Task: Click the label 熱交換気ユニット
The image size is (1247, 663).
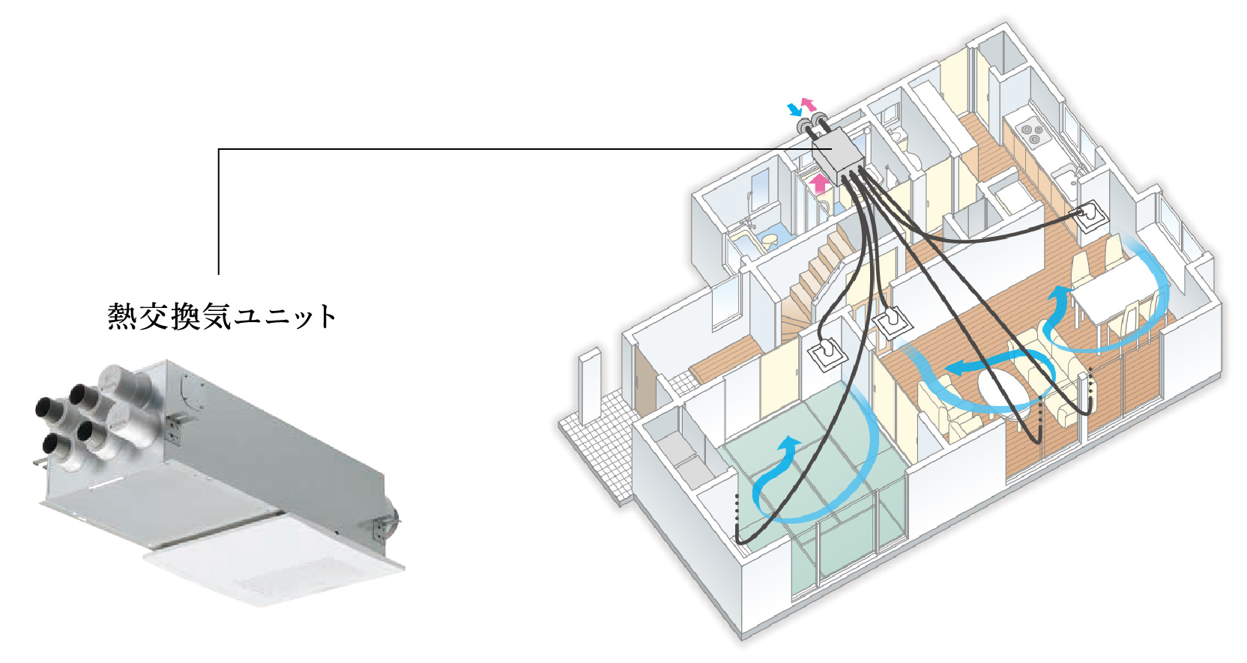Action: pyautogui.click(x=222, y=316)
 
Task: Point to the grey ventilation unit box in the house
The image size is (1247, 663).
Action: pyautogui.click(x=838, y=154)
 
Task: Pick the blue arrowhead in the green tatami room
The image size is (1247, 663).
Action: pyautogui.click(x=788, y=446)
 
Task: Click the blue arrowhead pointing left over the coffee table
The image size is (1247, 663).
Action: pyautogui.click(x=955, y=368)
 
